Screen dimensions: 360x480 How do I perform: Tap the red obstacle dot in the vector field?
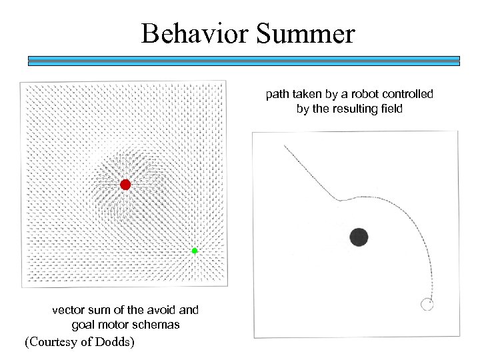pyautogui.click(x=125, y=185)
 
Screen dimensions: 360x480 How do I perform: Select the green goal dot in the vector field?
pyautogui.click(x=195, y=251)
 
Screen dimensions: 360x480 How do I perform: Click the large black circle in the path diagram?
pyautogui.click(x=359, y=236)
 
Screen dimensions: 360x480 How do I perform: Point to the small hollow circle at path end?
pyautogui.click(x=427, y=305)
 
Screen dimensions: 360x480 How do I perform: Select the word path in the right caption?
pyautogui.click(x=277, y=94)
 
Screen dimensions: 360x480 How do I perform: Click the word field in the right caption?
pyautogui.click(x=389, y=109)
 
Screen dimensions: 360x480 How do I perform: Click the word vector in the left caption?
pyautogui.click(x=69, y=310)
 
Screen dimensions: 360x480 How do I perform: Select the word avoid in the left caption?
pyautogui.click(x=162, y=310)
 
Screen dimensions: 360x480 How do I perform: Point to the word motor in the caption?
pyautogui.click(x=115, y=325)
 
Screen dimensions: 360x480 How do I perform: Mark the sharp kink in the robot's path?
pyautogui.click(x=339, y=198)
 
